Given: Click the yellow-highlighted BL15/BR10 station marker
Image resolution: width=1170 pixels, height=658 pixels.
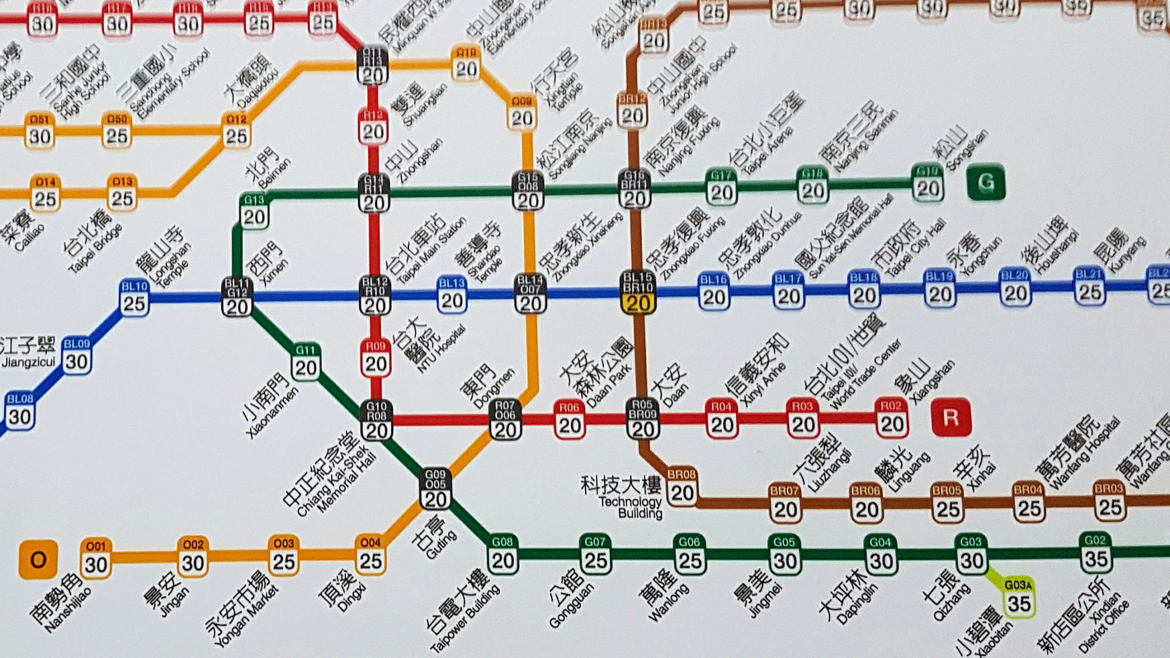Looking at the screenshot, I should point(638,292).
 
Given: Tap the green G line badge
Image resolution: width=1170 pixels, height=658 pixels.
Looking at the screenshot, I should point(985,182).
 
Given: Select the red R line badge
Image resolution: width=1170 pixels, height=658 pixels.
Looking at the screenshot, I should point(951,418).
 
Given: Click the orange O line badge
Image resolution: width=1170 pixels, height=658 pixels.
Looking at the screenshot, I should point(38,559).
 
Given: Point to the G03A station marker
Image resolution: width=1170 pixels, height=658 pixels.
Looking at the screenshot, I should point(1019,597).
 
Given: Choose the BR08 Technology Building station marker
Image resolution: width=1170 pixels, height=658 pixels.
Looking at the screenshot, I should point(682,486).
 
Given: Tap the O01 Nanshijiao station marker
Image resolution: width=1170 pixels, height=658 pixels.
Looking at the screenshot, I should point(95,558).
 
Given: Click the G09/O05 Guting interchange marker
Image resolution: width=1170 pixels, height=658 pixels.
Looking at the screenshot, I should point(435,489).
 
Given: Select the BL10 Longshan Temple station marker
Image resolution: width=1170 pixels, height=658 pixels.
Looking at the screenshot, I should point(134,296).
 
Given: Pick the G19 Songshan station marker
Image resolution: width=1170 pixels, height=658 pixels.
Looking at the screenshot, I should point(927,182).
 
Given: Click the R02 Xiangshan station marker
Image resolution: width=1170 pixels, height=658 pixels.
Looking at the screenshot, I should point(891,418).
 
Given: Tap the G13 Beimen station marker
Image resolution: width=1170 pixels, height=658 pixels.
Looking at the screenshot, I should point(254,211).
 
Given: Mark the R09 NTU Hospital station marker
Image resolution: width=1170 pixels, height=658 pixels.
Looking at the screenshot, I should point(376,358).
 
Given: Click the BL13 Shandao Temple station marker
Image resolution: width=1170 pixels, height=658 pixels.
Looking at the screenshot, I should point(452,294).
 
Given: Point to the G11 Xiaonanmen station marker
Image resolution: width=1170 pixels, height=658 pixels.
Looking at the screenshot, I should point(306,361).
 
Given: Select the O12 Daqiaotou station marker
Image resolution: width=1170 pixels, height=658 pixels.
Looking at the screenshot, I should point(236,130).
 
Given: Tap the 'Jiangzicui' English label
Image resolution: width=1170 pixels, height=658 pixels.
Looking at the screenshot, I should point(29,362).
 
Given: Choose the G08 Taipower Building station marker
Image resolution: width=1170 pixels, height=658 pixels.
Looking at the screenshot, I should point(503,554).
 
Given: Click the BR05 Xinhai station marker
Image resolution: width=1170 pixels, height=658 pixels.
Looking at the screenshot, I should point(947,502).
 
